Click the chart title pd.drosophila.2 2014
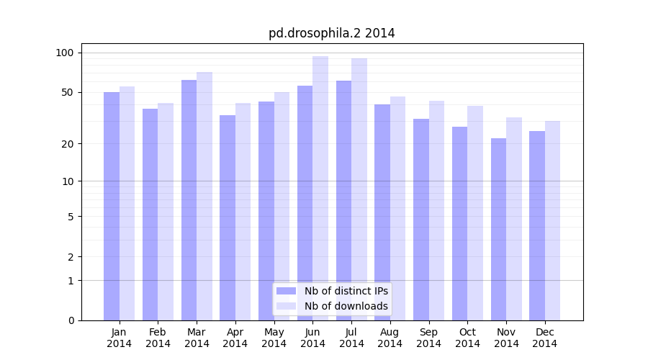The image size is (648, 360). pos(331,33)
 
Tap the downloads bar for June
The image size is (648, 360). pos(320,187)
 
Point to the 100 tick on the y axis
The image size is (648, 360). pos(80,53)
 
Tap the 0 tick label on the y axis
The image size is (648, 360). pos(71,320)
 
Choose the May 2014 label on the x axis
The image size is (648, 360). pos(274,338)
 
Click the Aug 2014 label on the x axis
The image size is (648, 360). pos(390,338)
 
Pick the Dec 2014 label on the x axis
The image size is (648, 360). pos(545,338)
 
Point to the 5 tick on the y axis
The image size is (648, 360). pos(80,216)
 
